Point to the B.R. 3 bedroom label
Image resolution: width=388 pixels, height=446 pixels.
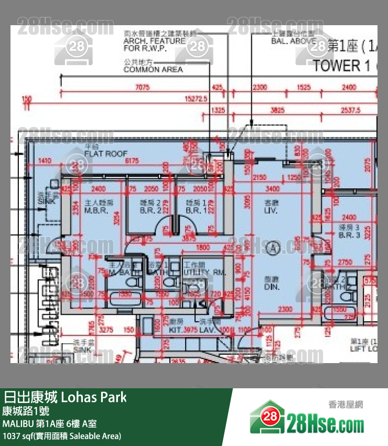[349, 235]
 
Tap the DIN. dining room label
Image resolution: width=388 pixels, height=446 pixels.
[272, 287]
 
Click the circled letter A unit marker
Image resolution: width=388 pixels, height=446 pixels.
[272, 246]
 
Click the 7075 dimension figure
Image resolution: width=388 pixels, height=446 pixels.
[142, 87]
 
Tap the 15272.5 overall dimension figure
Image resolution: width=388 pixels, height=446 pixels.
[196, 98]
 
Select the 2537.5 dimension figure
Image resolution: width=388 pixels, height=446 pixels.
[350, 110]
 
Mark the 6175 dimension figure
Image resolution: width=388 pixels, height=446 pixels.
[131, 161]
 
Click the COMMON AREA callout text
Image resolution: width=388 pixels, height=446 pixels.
[153, 69]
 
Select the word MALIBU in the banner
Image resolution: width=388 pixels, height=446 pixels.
[17, 423]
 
